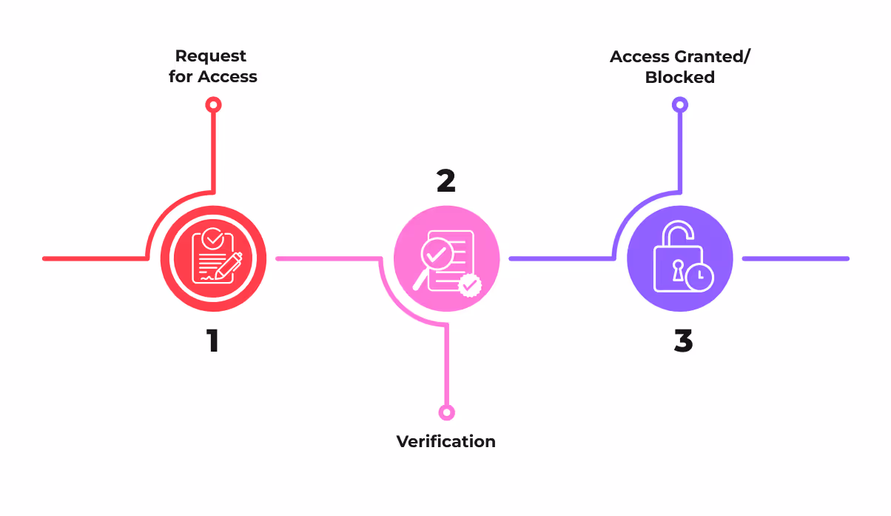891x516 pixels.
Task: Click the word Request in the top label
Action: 211,56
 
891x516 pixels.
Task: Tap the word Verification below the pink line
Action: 445,442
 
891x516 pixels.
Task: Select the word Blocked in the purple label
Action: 679,77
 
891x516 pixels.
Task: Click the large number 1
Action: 212,341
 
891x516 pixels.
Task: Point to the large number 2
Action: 445,181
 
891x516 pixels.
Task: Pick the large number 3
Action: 683,341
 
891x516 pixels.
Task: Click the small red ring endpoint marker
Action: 213,105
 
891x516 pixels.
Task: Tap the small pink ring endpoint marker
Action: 446,412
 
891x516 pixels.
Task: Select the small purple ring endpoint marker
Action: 679,105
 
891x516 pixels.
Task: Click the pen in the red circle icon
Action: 232,263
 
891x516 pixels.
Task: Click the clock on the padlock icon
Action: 699,277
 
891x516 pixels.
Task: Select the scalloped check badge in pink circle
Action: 469,284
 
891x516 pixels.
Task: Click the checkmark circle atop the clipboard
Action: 212,238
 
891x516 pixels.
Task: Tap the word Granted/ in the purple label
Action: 717,56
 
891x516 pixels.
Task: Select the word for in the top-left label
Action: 181,77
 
